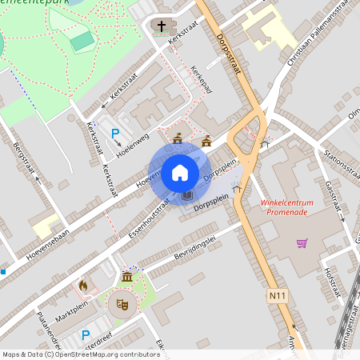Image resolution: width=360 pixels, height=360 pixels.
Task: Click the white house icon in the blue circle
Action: (x=180, y=172)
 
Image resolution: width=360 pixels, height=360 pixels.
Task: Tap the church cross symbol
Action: (x=161, y=27)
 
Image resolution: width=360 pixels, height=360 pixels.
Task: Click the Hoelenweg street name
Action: (x=132, y=143)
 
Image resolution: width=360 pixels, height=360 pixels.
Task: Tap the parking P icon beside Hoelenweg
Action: (x=115, y=134)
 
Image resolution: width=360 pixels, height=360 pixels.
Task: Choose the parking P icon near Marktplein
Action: (x=86, y=335)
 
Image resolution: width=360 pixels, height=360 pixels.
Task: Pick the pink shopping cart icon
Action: (x=302, y=242)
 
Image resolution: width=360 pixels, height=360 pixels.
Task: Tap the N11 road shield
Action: (x=275, y=296)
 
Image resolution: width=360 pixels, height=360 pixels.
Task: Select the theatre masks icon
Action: (x=122, y=303)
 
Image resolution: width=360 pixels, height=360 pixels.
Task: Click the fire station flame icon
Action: (x=82, y=285)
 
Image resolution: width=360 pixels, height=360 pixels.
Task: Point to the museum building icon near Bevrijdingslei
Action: (x=127, y=277)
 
